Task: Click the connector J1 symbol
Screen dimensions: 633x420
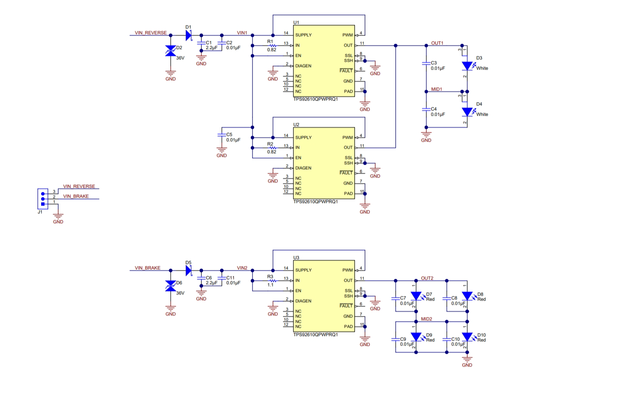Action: click(43, 199)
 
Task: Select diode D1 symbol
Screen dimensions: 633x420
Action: click(189, 35)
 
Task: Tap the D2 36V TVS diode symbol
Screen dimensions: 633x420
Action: click(171, 51)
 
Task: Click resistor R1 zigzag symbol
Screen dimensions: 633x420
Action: click(272, 45)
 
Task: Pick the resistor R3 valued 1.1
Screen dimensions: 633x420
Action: click(272, 281)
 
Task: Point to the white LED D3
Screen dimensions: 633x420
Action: click(467, 66)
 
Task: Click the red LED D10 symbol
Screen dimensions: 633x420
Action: click(467, 337)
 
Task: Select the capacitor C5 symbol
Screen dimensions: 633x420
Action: click(222, 135)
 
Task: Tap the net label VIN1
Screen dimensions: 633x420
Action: click(242, 33)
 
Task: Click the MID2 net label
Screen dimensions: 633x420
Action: click(426, 319)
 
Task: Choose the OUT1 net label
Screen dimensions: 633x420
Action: click(437, 43)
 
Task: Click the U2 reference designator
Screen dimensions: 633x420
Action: click(296, 125)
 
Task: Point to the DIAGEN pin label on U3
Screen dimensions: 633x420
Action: click(303, 301)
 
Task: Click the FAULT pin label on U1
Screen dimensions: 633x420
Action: click(346, 70)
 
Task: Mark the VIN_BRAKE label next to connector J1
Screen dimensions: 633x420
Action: click(76, 196)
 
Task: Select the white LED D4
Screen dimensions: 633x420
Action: click(467, 112)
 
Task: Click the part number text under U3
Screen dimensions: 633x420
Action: click(315, 334)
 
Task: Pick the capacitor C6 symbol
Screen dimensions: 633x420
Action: click(201, 278)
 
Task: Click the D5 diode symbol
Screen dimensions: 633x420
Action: click(189, 271)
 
